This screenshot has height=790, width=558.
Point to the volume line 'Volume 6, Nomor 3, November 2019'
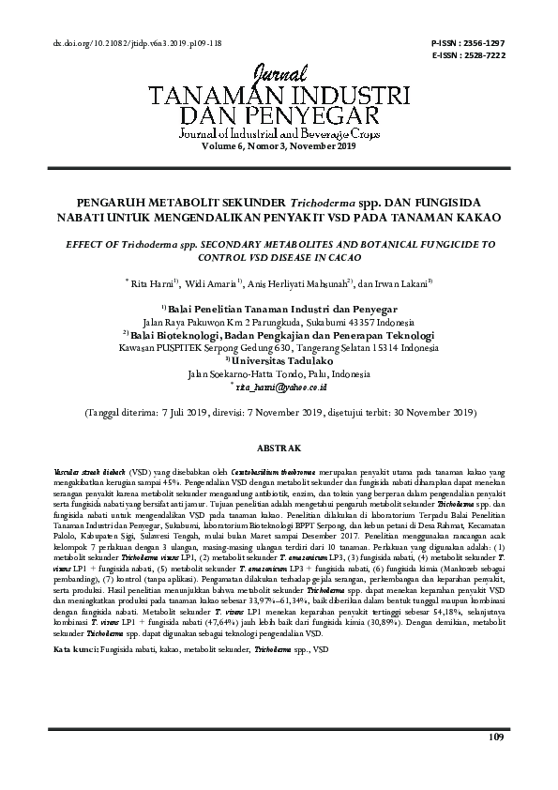point(279,146)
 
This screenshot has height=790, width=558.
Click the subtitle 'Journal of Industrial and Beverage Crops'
point(279,136)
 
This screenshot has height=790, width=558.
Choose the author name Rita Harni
point(152,283)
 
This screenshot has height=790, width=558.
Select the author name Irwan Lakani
point(400,283)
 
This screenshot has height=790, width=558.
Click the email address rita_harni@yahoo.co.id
point(281,386)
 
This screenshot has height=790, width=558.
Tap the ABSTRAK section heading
point(279,448)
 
